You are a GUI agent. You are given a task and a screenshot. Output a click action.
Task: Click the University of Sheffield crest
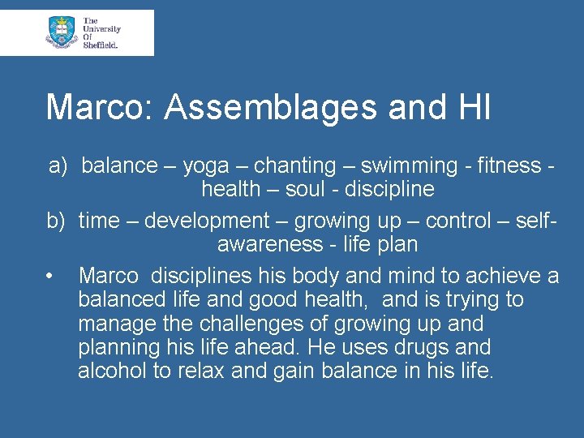point(61,32)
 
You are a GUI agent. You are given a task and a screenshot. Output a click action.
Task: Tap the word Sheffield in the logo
point(101,45)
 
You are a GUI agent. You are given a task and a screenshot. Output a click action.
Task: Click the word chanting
point(295,166)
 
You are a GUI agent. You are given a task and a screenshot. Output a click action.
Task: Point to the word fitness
point(510,166)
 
